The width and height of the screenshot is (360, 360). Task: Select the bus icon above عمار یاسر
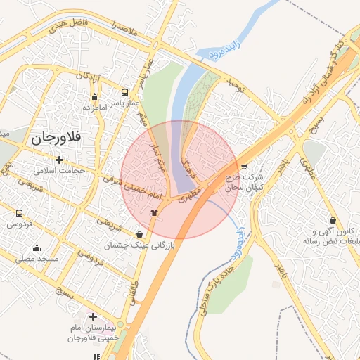[125, 92]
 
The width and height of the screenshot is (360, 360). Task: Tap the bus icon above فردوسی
[19, 214]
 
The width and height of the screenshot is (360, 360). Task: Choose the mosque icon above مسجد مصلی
[37, 248]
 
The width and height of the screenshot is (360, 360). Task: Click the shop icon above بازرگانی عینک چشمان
[139, 235]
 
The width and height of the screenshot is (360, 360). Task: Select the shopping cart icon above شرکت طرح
[243, 167]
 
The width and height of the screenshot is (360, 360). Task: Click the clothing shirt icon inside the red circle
[155, 211]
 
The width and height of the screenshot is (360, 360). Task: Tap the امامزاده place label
[94, 108]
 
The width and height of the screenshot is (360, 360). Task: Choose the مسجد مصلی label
[36, 259]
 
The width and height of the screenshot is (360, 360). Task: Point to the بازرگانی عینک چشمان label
[129, 245]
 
